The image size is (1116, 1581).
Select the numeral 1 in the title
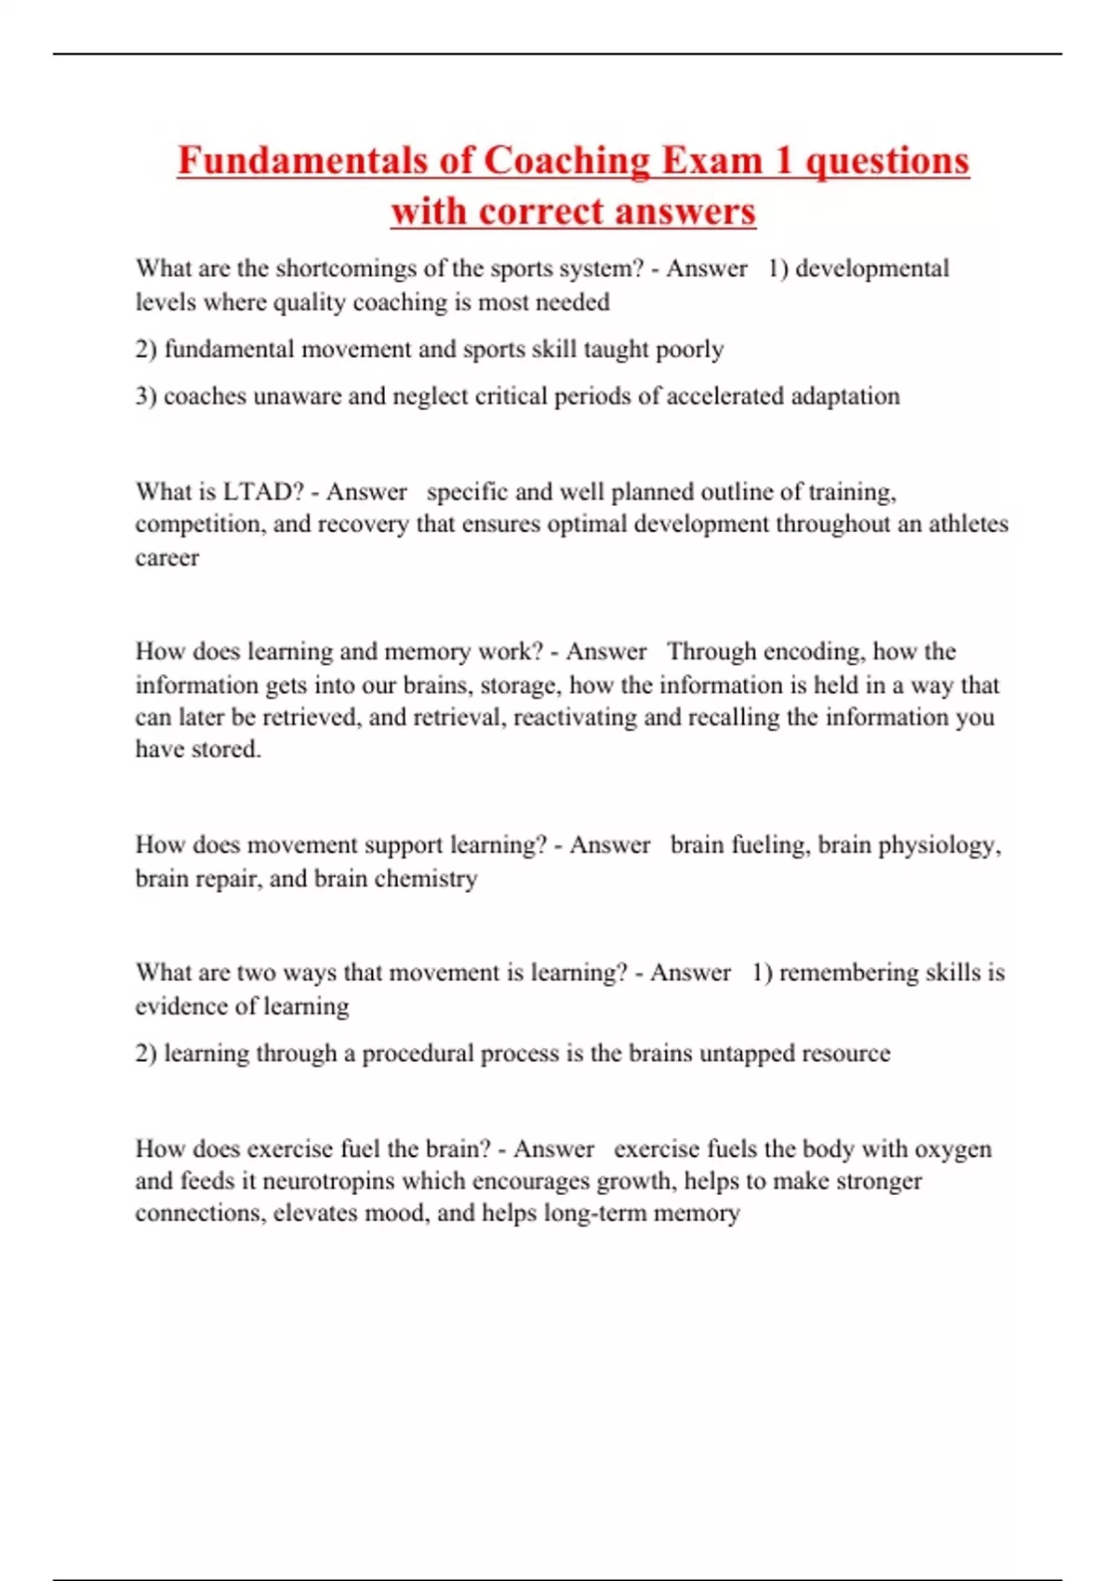783,160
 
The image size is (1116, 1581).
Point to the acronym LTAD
263,491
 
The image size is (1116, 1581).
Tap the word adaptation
844,396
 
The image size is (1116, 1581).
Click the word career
167,558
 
